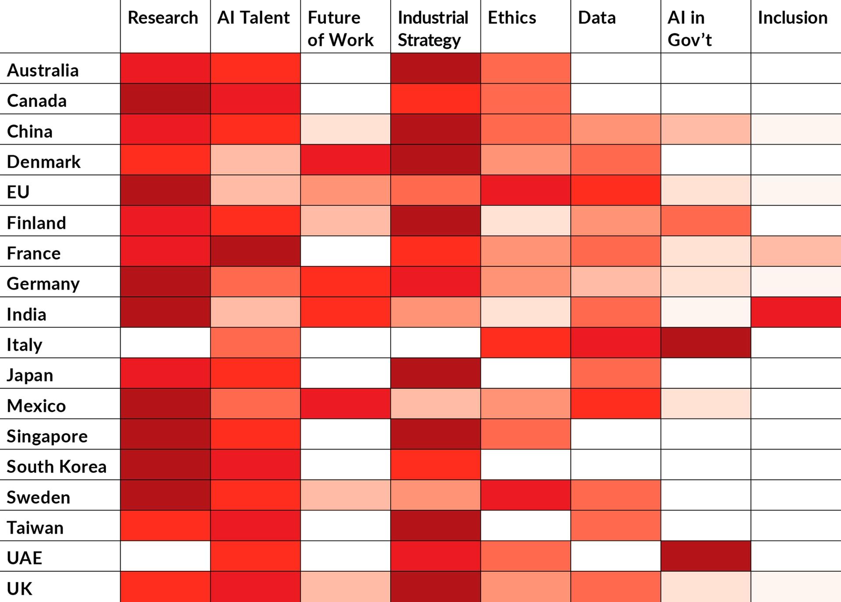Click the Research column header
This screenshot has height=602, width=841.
[x=163, y=18]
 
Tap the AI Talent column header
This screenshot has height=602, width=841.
[x=253, y=18]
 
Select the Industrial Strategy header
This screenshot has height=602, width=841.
[x=433, y=29]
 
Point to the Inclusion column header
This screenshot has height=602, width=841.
[x=792, y=18]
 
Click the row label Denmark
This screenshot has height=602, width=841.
[x=44, y=162]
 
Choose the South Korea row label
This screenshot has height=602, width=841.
[x=57, y=467]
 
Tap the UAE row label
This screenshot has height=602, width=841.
[x=25, y=558]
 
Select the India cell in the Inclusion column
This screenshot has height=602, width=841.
[x=796, y=312]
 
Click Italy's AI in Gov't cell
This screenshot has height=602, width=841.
[x=706, y=343]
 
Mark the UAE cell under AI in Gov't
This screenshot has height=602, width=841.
[x=706, y=556]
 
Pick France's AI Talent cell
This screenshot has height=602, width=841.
[x=255, y=251]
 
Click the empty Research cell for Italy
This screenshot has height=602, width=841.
[x=165, y=343]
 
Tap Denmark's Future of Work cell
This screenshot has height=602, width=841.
[x=345, y=159]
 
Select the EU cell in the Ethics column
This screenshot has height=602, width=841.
[x=525, y=190]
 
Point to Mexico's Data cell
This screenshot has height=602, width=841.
[x=615, y=404]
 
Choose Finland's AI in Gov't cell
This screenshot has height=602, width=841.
[x=706, y=221]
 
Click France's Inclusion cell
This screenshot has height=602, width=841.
[x=796, y=251]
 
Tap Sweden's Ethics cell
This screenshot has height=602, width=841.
[x=525, y=495]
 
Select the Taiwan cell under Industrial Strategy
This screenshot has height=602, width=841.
[x=435, y=525]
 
